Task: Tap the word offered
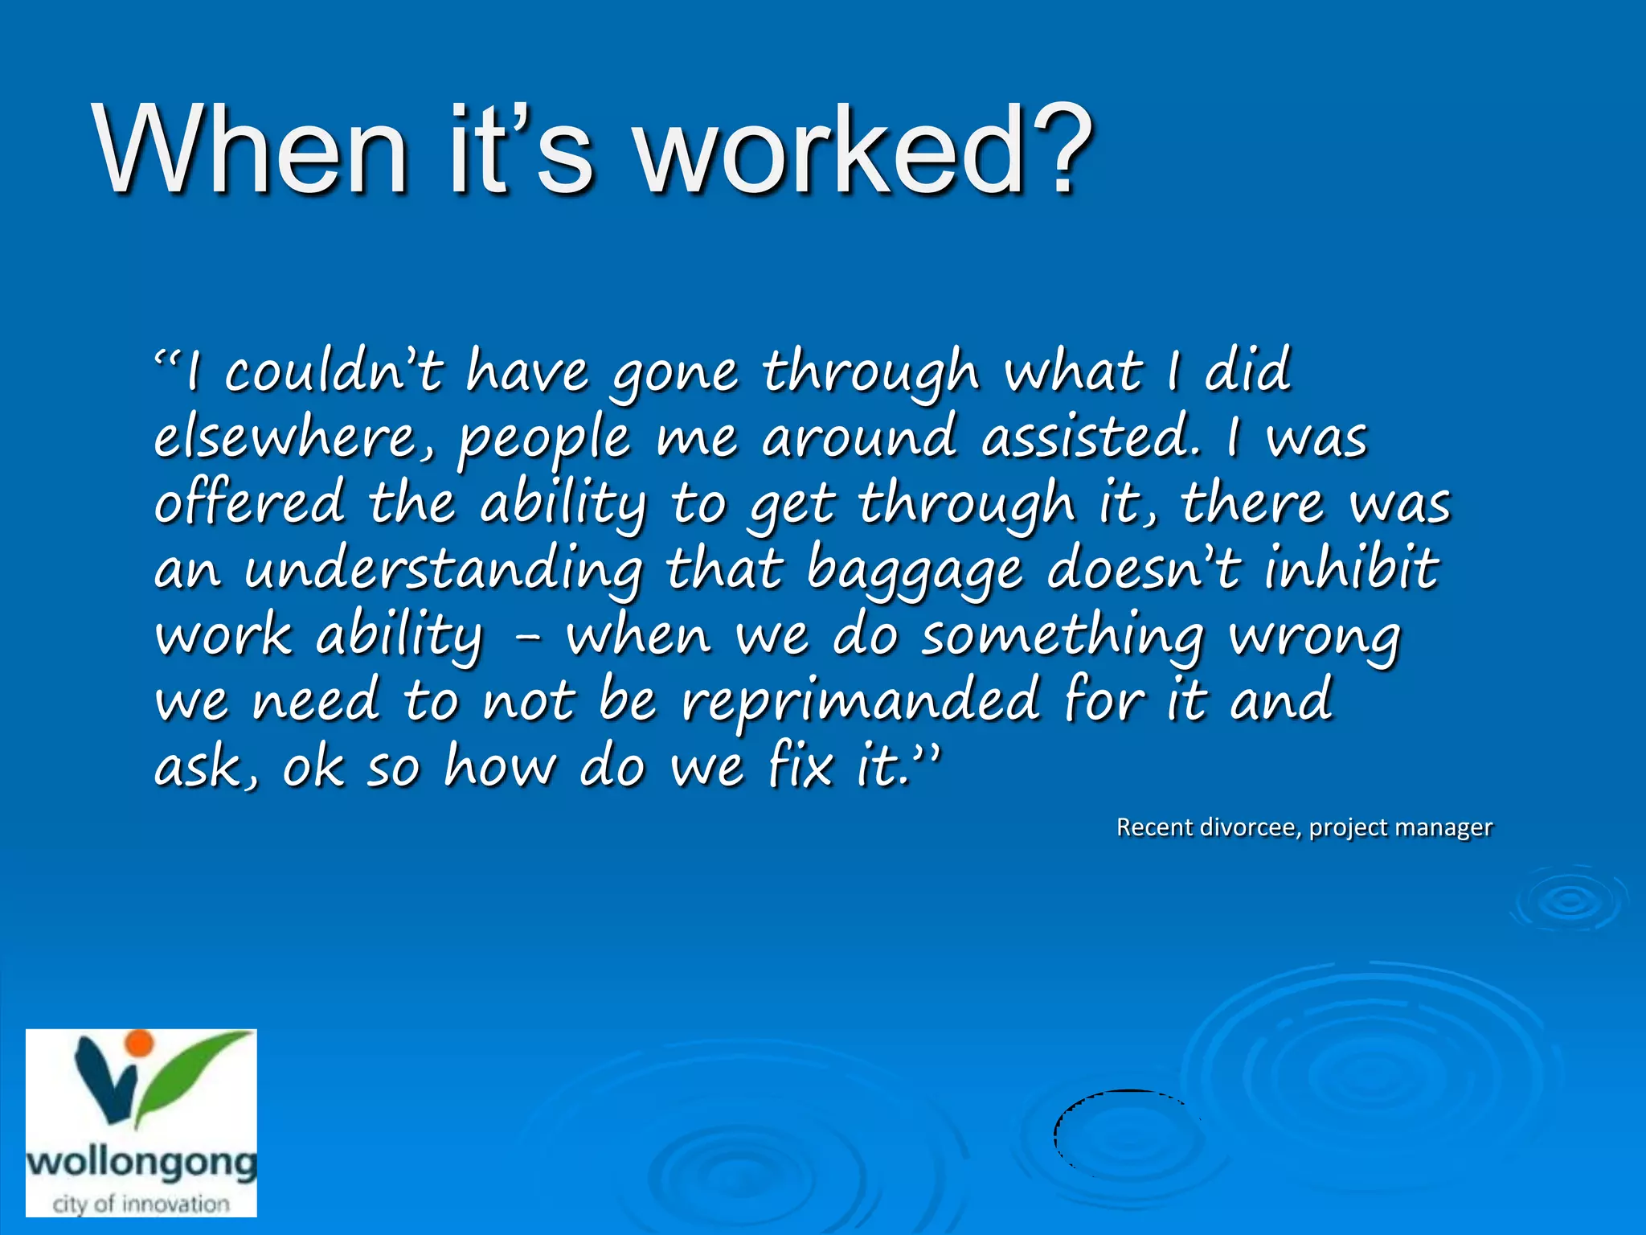[249, 503]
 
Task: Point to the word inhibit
[1351, 568]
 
